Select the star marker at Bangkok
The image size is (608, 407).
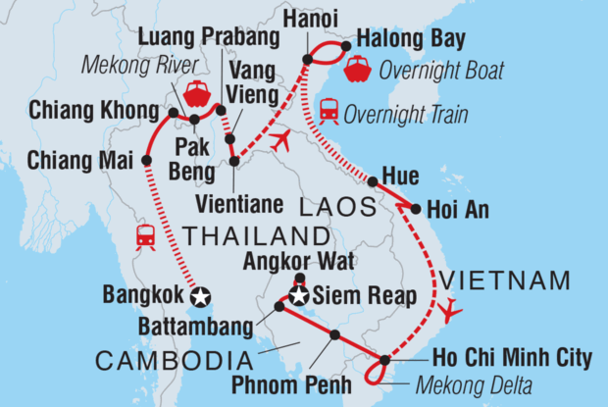pyautogui.click(x=201, y=296)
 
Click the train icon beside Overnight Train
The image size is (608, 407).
pyautogui.click(x=330, y=112)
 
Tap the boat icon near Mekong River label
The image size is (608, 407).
pyautogui.click(x=197, y=93)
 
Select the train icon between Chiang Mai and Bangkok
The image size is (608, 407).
pyautogui.click(x=146, y=235)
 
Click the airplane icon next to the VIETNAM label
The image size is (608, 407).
pyautogui.click(x=450, y=311)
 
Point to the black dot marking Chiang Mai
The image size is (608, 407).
pyautogui.click(x=146, y=159)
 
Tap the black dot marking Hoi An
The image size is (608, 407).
pyautogui.click(x=417, y=209)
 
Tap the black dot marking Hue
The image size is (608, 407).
pyautogui.click(x=373, y=181)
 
